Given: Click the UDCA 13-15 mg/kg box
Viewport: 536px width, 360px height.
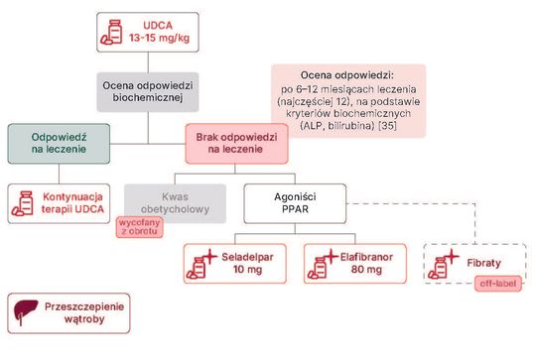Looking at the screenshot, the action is click(x=148, y=32).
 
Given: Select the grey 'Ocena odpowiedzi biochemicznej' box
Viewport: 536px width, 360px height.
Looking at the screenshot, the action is click(x=148, y=92).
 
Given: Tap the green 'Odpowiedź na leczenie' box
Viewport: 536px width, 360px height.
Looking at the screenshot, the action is click(x=59, y=144).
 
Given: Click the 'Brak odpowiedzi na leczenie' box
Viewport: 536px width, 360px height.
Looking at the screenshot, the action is click(x=236, y=144).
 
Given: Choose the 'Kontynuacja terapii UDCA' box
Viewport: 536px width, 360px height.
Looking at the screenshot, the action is click(x=59, y=203).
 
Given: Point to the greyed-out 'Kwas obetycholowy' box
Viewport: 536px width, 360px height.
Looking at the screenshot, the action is click(x=175, y=203).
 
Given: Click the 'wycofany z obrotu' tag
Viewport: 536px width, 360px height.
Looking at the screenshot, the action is click(x=140, y=227).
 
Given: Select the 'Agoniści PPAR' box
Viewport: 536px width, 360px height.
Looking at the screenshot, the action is click(x=295, y=203).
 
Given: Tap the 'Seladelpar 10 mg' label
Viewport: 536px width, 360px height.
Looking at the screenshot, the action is click(x=247, y=264).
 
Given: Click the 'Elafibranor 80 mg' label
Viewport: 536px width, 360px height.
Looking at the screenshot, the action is click(x=366, y=264).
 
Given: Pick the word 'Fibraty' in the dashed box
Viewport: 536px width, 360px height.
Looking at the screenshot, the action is click(x=483, y=263).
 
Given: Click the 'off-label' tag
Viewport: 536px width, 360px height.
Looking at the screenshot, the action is click(x=498, y=284).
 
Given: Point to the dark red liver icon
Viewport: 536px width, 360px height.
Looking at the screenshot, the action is click(x=25, y=311).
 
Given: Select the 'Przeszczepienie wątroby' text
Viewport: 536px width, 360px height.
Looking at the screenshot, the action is click(x=84, y=312).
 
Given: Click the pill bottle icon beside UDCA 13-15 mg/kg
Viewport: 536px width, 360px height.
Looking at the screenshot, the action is click(x=111, y=32).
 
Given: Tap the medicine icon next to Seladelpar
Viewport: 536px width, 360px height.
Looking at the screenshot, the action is click(x=201, y=264).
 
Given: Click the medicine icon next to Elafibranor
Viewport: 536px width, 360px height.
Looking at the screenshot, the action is click(x=322, y=264).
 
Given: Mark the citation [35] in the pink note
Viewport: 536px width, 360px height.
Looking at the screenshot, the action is click(x=388, y=126).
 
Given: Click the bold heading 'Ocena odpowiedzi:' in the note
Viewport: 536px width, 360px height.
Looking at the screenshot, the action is click(x=347, y=75).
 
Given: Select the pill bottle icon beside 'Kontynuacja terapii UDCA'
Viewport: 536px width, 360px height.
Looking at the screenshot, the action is click(x=23, y=203).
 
